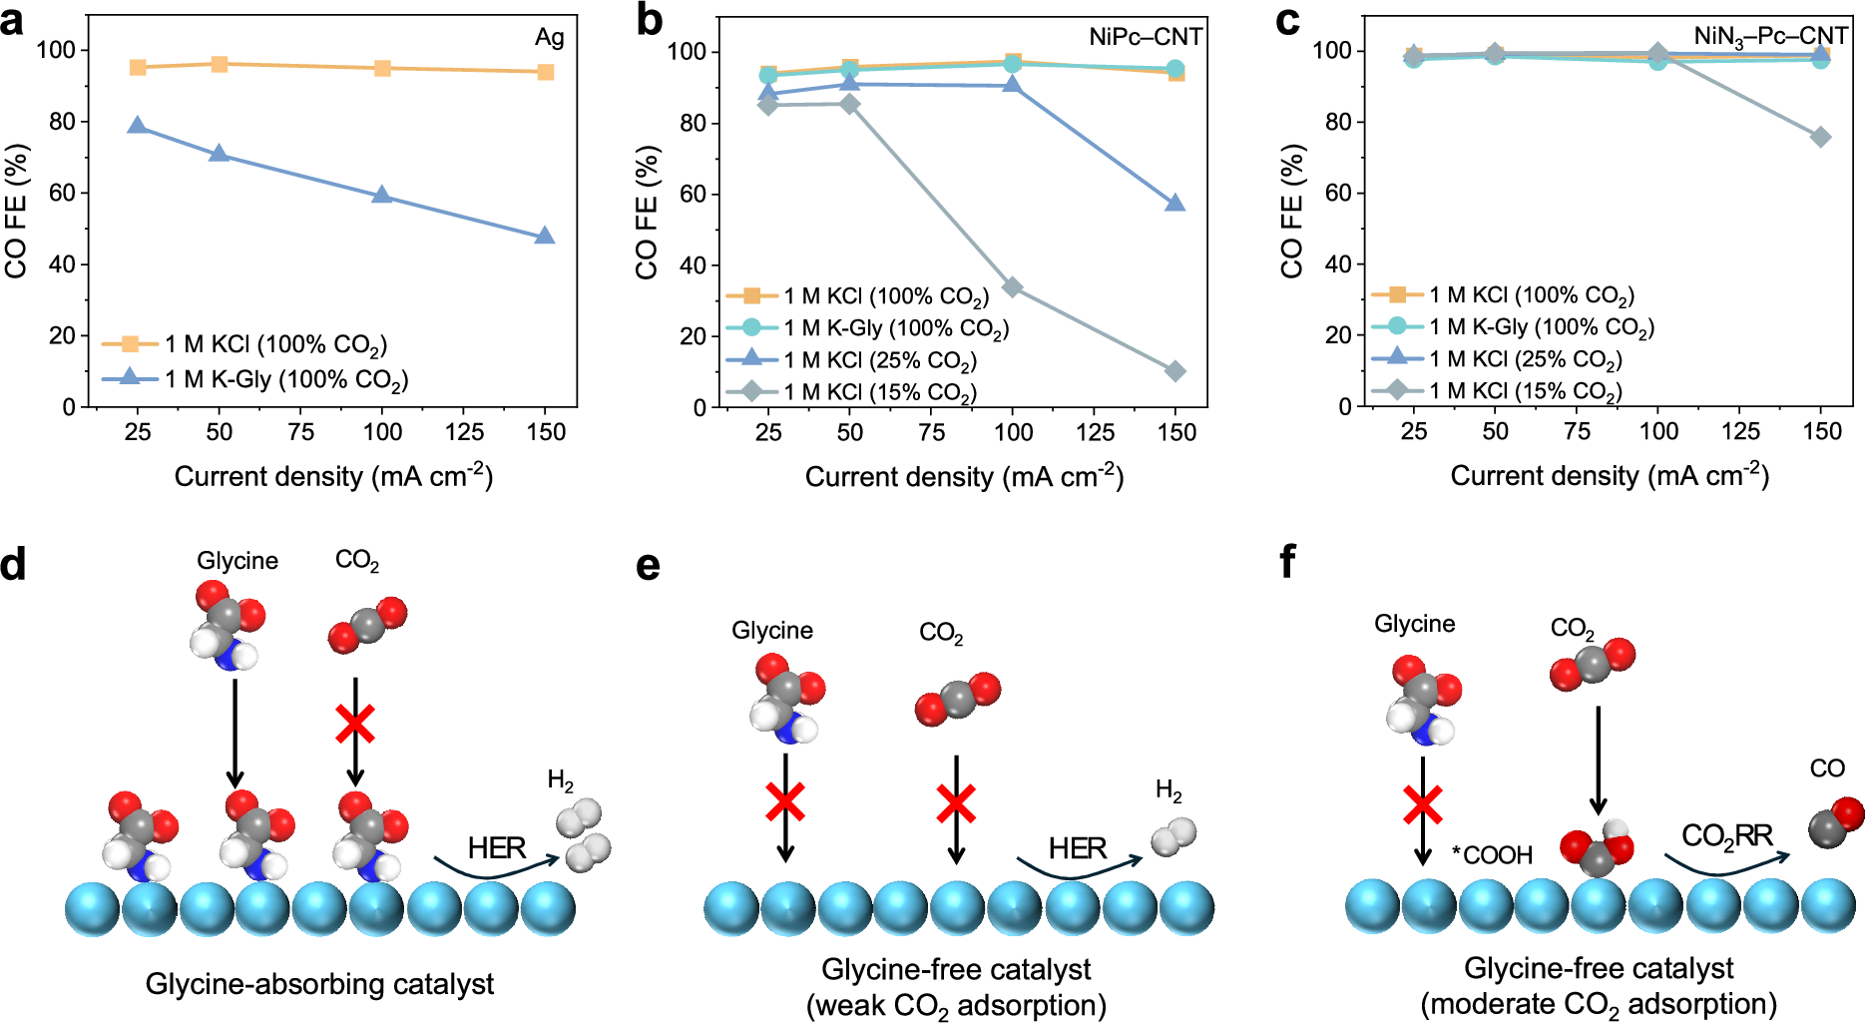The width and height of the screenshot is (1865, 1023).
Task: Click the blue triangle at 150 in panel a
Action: coord(544,237)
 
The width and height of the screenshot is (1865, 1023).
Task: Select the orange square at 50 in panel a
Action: coord(220,65)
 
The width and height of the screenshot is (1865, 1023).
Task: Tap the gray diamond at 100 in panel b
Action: coord(1013,287)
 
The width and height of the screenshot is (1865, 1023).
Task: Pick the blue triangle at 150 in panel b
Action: coord(1175,204)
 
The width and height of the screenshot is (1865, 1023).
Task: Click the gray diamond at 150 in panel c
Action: coord(1821,137)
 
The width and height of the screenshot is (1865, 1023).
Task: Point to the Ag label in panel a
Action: coord(549,38)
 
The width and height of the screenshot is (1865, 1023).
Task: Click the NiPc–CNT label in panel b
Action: coord(1145,37)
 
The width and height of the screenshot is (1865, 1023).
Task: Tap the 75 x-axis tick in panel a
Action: coord(300,431)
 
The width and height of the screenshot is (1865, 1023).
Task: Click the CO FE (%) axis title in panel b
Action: coord(647,212)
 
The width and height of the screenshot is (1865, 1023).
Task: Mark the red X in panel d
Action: coord(355,725)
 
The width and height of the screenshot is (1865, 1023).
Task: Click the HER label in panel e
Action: coord(1077,848)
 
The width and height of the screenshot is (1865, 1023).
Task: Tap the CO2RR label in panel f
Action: coord(1726,835)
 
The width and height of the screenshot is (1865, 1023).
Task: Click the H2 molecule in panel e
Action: coord(1173,836)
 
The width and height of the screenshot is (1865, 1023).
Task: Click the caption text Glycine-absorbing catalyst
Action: coord(319,984)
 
